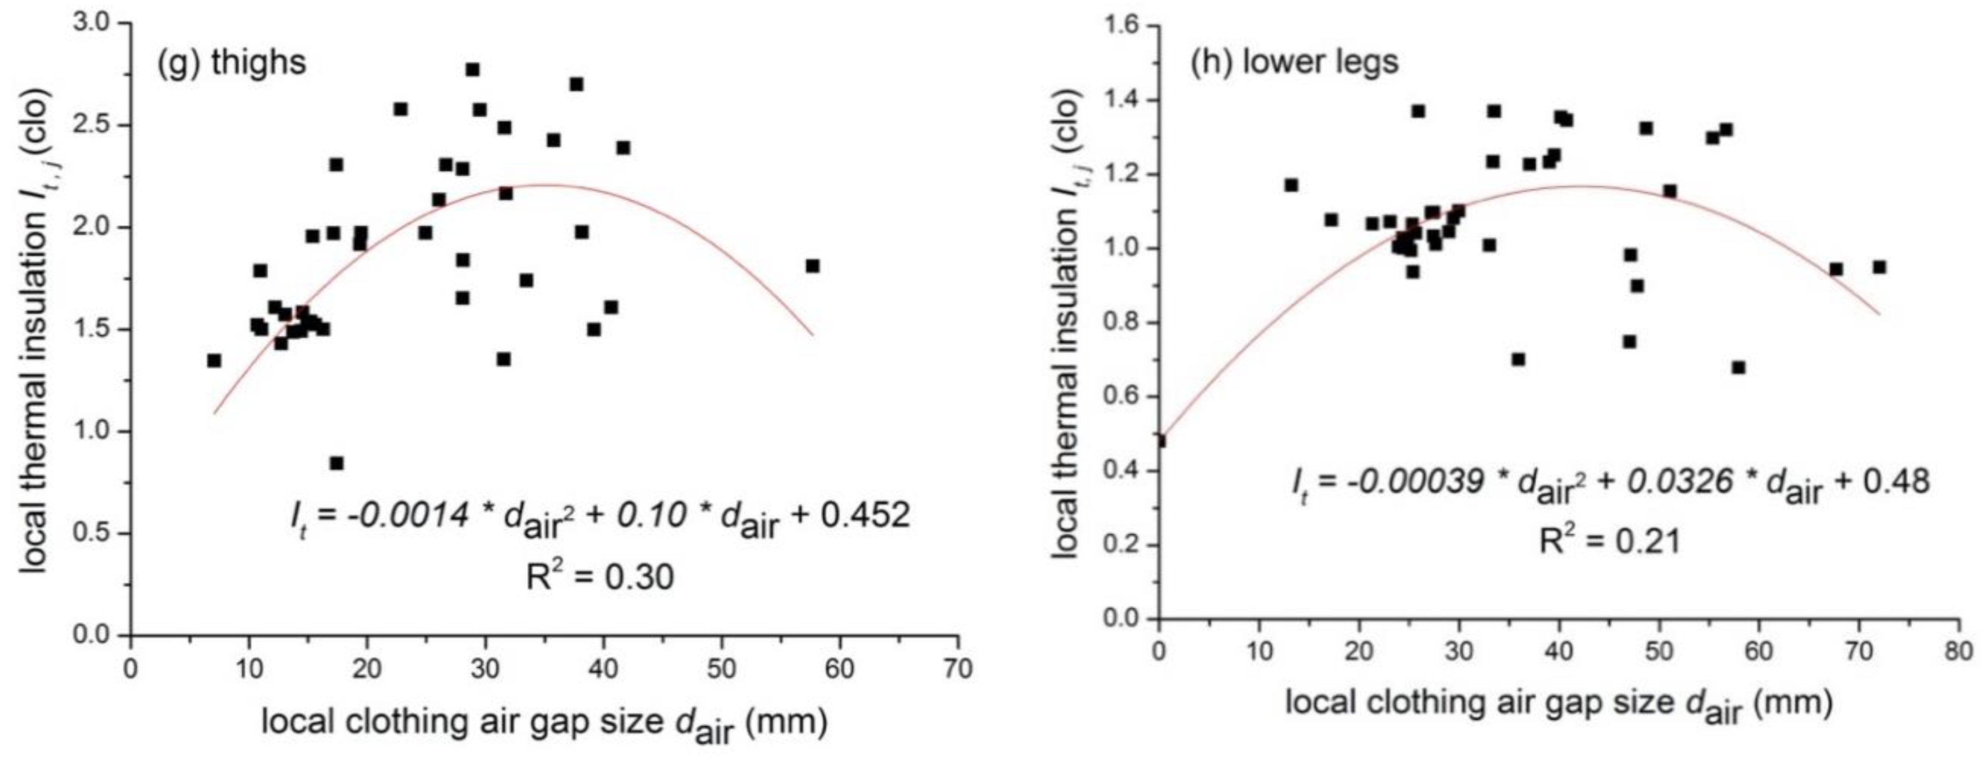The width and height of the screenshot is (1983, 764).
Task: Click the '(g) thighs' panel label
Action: point(231,62)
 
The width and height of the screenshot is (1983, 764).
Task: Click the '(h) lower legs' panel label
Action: point(1294,62)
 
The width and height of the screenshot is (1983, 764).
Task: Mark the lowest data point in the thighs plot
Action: point(336,463)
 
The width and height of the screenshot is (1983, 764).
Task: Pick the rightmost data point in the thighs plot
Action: point(812,266)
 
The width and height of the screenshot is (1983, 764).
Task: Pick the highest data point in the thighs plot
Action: point(473,70)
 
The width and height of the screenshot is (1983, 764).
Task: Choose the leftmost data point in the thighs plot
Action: point(214,360)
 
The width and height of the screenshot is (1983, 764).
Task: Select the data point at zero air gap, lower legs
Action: point(1160,440)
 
